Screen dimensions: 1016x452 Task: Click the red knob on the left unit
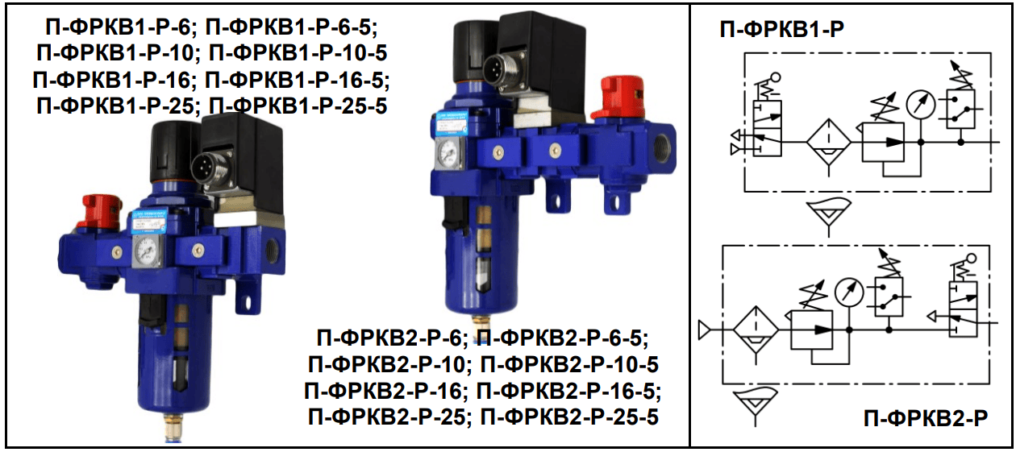pyautogui.click(x=101, y=211)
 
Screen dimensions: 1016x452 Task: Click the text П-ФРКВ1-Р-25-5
pyautogui.click(x=298, y=107)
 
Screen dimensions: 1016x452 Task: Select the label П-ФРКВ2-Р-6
pyautogui.click(x=389, y=338)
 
